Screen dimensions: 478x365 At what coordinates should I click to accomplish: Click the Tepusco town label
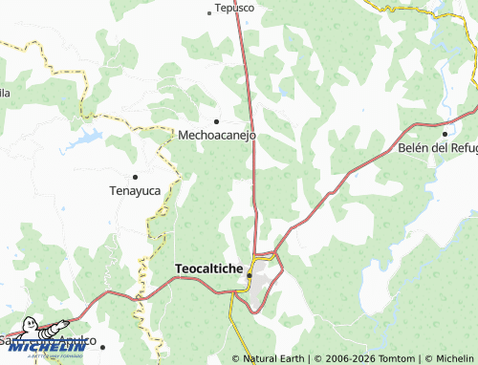click(x=235, y=8)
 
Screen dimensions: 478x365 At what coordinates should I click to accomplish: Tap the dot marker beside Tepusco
click(x=209, y=12)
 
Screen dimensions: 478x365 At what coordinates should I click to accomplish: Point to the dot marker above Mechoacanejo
click(x=217, y=121)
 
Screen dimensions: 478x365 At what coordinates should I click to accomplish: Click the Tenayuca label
click(x=134, y=190)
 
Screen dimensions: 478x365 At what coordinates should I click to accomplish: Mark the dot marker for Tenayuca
click(x=135, y=177)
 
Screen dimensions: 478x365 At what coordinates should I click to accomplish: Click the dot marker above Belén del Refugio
click(x=445, y=133)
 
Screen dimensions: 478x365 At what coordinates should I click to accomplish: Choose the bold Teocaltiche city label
click(x=208, y=268)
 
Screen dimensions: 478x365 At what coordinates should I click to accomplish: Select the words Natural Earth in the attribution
click(x=275, y=358)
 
